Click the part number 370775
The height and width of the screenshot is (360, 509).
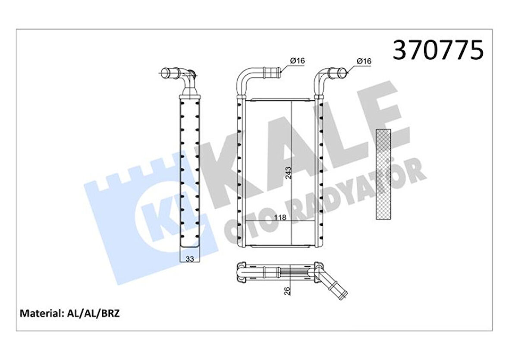(x=437, y=51)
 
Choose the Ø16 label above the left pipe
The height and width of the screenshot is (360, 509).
(x=297, y=61)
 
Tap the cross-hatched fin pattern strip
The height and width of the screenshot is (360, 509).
(x=383, y=174)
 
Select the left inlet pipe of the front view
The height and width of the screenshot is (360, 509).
(x=255, y=75)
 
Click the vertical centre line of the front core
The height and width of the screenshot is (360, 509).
(x=292, y=142)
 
